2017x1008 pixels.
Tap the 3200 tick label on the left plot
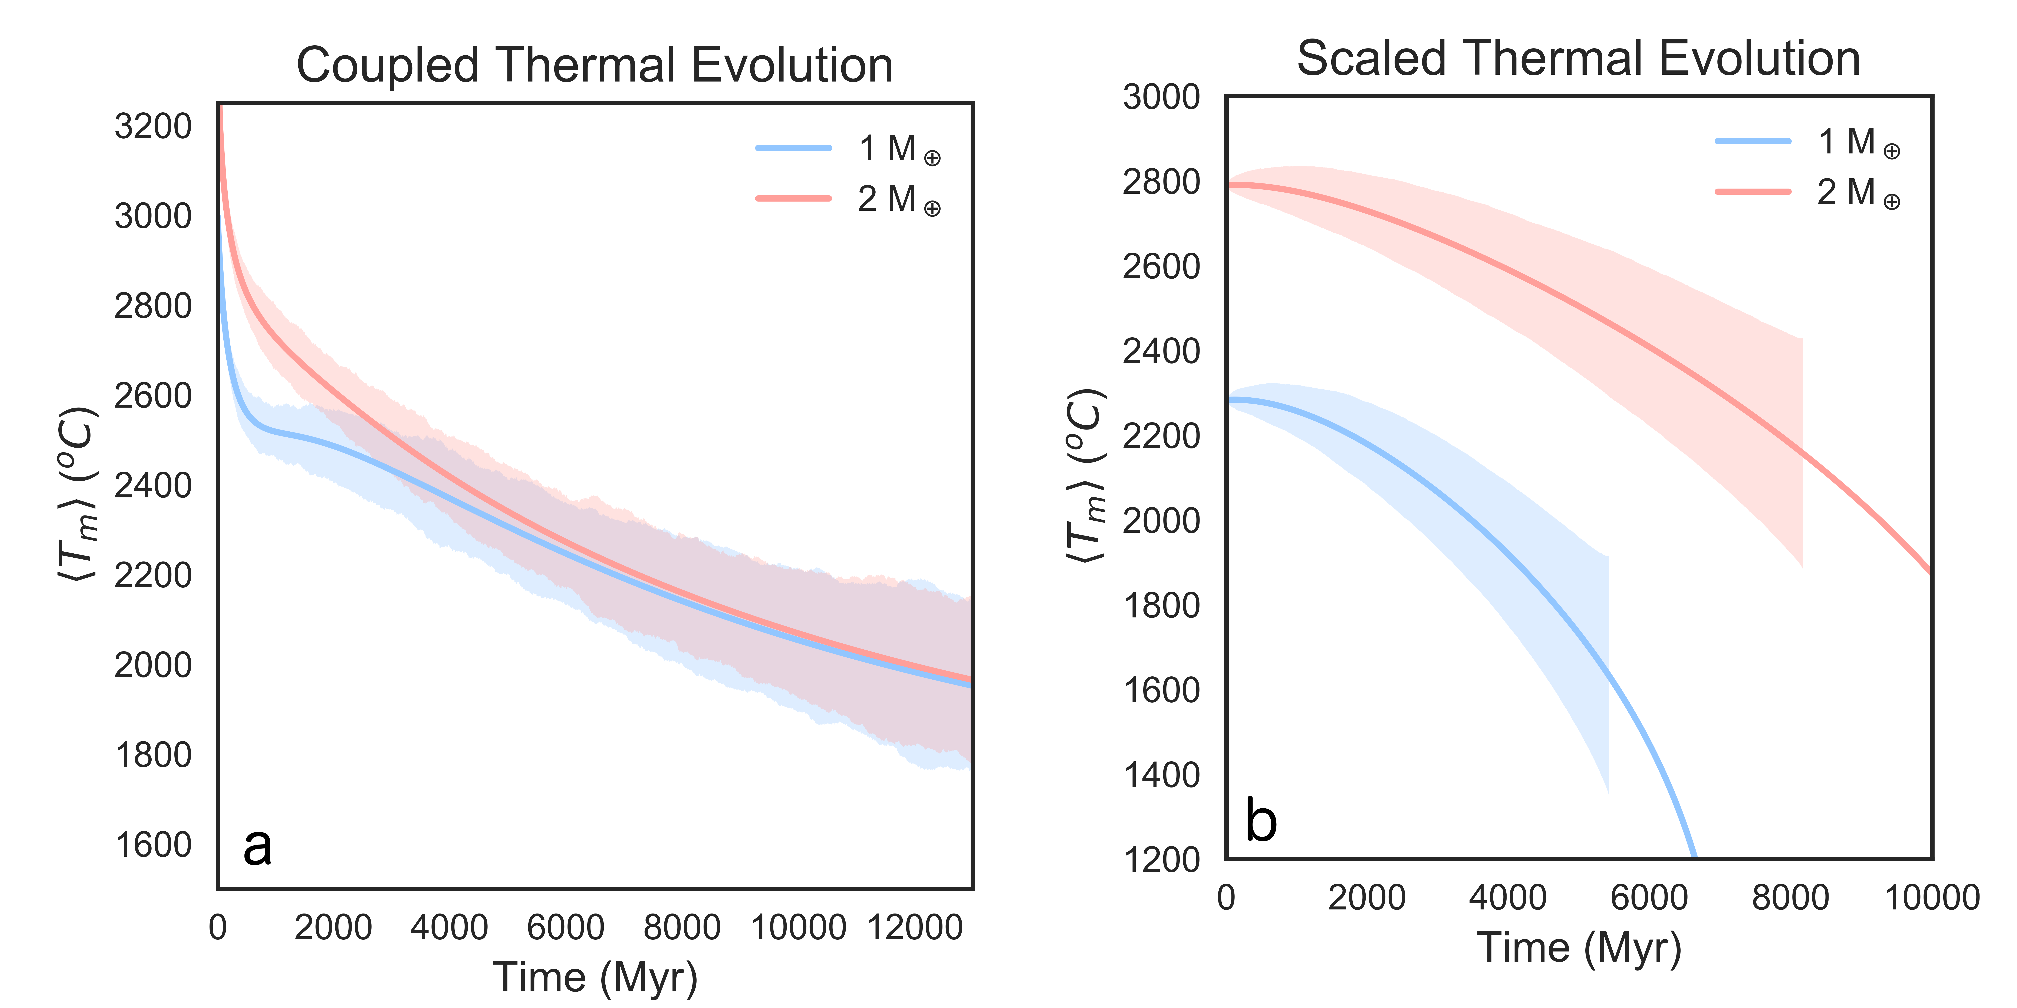click(153, 126)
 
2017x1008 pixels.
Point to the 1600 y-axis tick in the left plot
click(153, 845)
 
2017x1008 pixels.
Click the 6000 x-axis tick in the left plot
click(565, 928)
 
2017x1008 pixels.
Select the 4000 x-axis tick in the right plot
click(1508, 898)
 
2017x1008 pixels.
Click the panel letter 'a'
click(258, 846)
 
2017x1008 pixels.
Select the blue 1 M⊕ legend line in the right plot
click(1752, 142)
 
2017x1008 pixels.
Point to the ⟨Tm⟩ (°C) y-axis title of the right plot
click(1087, 476)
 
